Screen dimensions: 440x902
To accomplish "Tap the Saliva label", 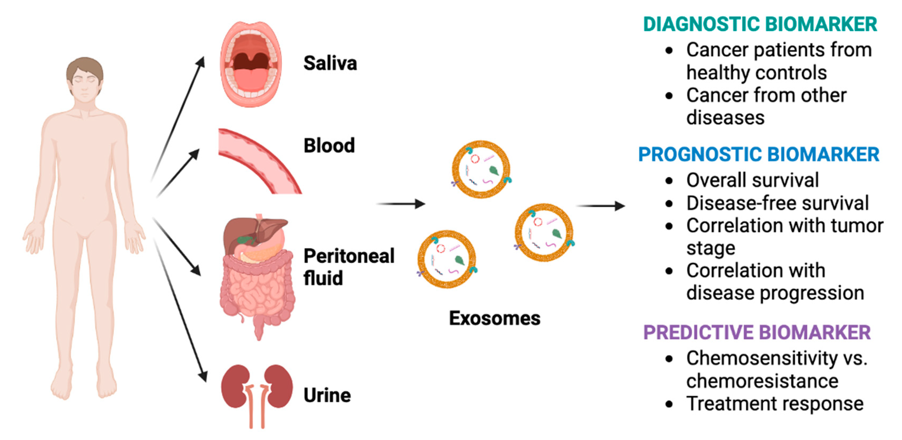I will tap(330, 64).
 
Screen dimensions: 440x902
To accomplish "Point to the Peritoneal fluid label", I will tap(348, 267).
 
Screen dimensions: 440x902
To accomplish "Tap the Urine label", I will tap(327, 396).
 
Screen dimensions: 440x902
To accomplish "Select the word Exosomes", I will tap(494, 318).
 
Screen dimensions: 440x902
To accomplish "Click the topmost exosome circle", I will tap(481, 170).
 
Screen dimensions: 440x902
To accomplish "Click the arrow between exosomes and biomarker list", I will tap(600, 206).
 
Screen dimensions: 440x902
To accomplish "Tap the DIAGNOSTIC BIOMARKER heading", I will tap(760, 24).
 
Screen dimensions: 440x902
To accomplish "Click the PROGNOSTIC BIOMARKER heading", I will tap(759, 155).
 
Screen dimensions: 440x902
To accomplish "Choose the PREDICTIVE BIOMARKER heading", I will tap(757, 332).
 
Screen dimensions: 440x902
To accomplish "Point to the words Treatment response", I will tap(774, 404).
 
